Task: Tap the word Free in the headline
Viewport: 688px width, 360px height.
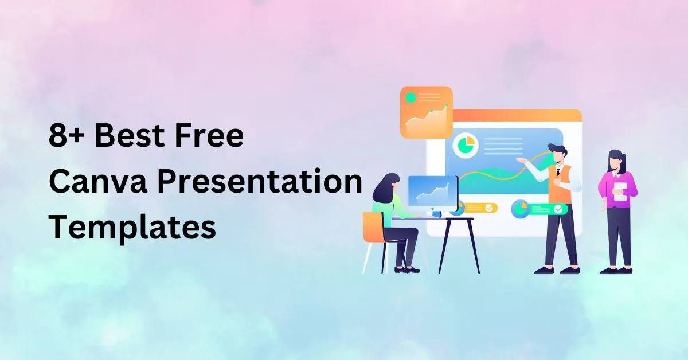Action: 209,135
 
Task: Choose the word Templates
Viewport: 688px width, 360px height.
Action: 132,228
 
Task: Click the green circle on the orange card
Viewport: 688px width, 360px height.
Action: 411,97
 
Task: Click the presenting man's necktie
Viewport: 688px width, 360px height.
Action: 558,171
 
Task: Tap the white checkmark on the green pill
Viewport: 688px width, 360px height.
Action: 558,209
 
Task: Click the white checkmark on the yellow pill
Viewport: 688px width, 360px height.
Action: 489,208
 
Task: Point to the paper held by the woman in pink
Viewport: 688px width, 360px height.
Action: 621,191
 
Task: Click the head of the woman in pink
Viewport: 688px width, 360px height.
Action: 616,161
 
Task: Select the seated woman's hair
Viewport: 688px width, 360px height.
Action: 386,187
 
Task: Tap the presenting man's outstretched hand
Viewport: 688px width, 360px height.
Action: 520,161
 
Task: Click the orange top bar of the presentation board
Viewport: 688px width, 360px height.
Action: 518,115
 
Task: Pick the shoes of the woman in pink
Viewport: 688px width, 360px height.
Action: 616,271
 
